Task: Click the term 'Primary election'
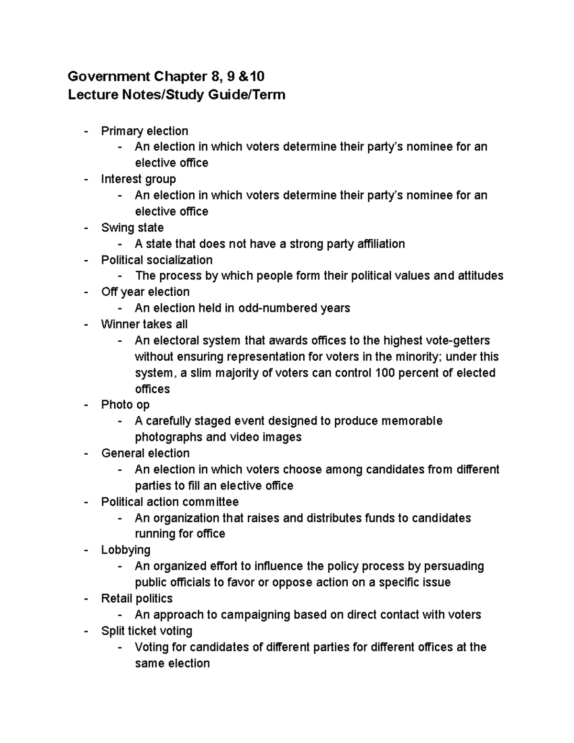coord(144,131)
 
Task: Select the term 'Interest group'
coord(138,179)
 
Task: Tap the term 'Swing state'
coord(132,228)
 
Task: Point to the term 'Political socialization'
coord(157,260)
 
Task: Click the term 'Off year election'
coord(145,292)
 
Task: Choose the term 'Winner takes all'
coord(144,324)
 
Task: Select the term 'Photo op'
coord(125,405)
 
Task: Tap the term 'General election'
coord(145,453)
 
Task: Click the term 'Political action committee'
coord(170,502)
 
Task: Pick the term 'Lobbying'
coord(126,550)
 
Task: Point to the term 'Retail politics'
coord(137,599)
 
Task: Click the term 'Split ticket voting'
coord(147,631)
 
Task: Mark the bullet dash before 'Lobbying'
coord(86,550)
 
